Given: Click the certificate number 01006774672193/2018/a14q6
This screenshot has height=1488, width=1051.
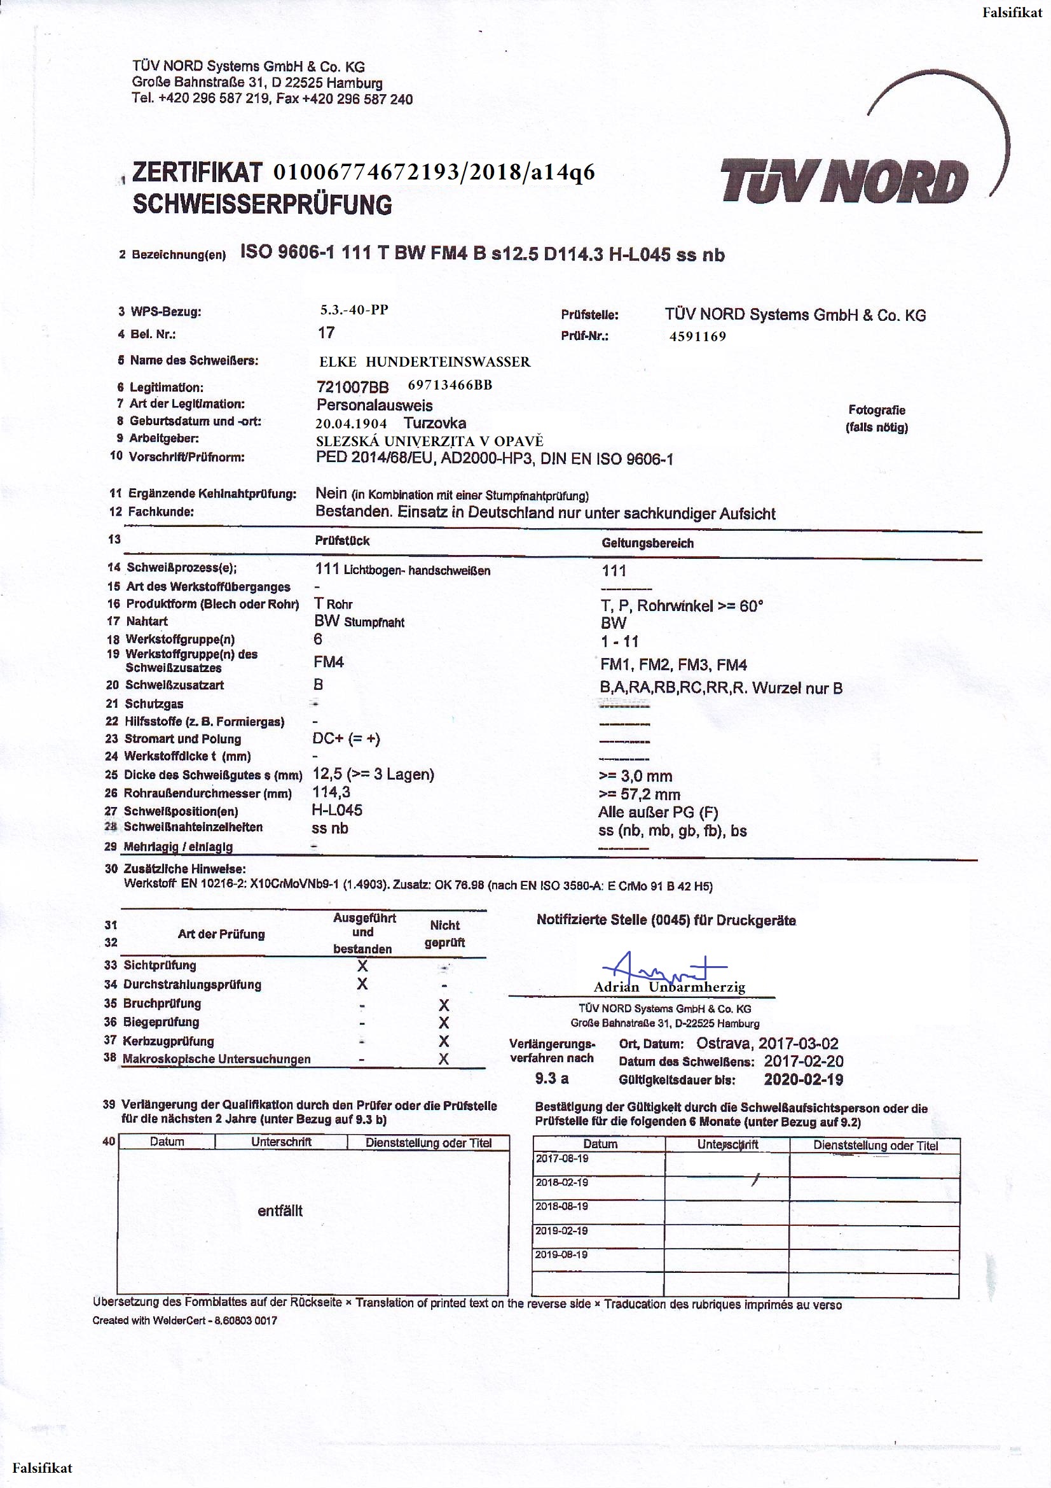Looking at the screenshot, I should coord(434,172).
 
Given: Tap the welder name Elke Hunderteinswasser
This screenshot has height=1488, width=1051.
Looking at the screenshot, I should coord(424,361).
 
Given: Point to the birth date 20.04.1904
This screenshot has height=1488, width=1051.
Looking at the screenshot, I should coord(351,424).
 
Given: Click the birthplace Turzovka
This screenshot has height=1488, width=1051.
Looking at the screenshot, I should coord(434,423).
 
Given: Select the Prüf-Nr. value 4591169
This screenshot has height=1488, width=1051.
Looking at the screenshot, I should coord(697,336).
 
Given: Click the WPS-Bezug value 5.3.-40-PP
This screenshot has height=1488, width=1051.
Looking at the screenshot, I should coord(354,310).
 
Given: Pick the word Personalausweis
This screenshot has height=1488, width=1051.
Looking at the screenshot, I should coord(374,405).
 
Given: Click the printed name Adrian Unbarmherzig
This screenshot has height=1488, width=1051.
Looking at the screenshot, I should coord(669,987).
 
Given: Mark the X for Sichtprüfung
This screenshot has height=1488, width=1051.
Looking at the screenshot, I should coord(362,965).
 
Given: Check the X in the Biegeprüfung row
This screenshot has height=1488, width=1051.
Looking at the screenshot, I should coord(444,1023).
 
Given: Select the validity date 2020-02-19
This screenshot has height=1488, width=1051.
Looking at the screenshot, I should coord(803,1079).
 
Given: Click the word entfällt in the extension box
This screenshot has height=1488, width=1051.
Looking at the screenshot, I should coord(280,1211).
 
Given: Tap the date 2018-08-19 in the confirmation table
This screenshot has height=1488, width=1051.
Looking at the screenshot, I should coord(561,1206).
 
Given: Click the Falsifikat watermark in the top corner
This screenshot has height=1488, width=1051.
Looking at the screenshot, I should coord(1012,12).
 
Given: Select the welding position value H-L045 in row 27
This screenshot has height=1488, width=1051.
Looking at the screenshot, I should coord(337,810).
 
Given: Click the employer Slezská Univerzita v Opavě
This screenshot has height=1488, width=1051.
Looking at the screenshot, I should coord(429,441).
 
